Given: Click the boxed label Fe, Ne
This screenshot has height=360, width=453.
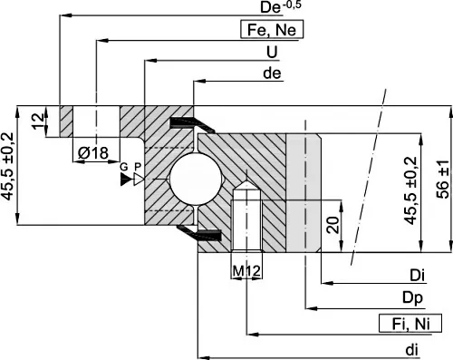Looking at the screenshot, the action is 272,30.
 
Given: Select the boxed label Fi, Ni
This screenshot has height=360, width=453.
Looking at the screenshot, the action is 410,324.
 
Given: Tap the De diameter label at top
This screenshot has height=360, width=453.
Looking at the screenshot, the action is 281,7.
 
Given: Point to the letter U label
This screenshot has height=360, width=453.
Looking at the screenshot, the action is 272,52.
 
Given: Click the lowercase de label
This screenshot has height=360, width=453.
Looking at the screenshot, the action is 272,73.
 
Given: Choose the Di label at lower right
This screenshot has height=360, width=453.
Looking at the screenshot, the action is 417,276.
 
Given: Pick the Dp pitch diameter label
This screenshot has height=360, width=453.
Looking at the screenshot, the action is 412,298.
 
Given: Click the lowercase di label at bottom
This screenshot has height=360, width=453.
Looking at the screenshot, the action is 411,350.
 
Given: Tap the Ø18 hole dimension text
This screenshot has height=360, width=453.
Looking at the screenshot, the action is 93,153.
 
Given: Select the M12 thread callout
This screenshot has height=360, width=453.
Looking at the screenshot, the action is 246,271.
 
